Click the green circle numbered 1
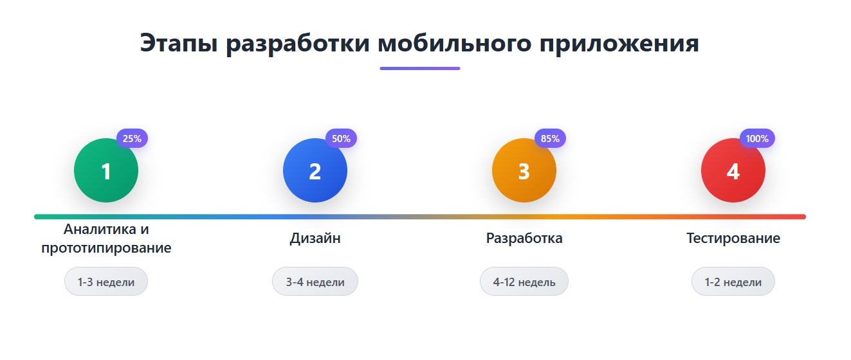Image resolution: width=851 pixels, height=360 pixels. (x=106, y=171)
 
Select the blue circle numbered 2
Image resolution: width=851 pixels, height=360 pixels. (x=315, y=171)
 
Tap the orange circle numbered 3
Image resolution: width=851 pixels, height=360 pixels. (x=524, y=171)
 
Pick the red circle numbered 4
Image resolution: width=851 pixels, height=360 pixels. (x=733, y=171)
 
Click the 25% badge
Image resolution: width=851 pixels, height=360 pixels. (x=132, y=138)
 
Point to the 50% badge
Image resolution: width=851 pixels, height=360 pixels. (x=341, y=138)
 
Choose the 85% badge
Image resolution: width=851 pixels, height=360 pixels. (x=550, y=138)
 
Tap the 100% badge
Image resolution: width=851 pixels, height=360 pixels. (x=758, y=138)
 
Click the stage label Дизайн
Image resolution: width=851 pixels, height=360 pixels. (x=315, y=239)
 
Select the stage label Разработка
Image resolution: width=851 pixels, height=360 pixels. (x=524, y=239)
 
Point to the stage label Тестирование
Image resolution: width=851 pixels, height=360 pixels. (x=733, y=239)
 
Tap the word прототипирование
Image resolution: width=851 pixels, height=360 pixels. (x=106, y=248)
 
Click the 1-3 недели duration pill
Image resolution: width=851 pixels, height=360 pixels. (x=106, y=282)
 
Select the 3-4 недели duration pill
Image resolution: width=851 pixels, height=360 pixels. (x=315, y=282)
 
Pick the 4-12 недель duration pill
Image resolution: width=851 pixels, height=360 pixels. (x=524, y=282)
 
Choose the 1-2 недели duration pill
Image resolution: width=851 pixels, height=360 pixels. (x=733, y=282)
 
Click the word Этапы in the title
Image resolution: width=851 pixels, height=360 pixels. (x=178, y=44)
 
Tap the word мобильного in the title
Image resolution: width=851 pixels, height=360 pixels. (x=454, y=44)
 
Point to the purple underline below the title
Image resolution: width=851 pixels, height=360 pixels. (x=419, y=68)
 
